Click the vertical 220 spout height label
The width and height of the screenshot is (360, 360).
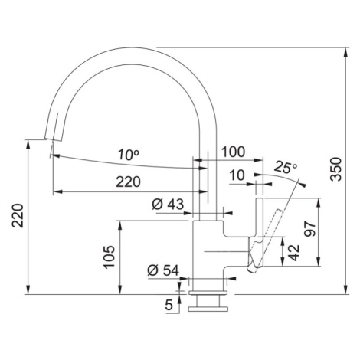click(18, 216)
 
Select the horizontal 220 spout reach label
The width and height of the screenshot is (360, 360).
click(128, 182)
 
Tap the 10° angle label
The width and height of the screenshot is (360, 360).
click(129, 155)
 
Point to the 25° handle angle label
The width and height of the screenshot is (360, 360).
click(286, 168)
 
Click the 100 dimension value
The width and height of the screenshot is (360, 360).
click(233, 152)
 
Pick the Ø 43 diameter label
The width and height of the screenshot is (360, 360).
click(168, 205)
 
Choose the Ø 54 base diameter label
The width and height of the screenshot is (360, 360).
click(163, 270)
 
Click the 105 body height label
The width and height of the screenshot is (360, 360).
click(109, 257)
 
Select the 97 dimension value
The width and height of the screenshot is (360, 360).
click(310, 229)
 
